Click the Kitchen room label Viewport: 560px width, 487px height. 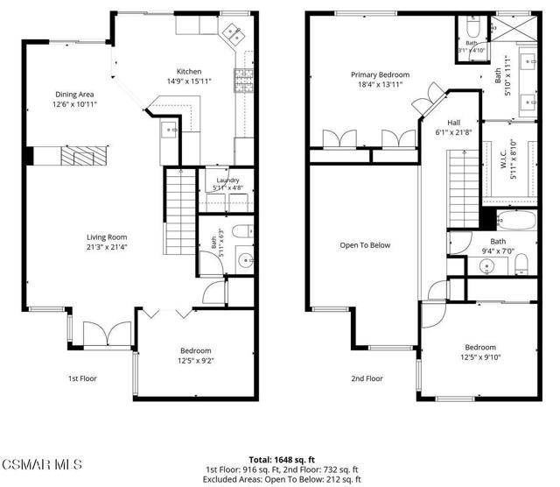pos(189,72)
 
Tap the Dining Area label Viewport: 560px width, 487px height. pos(74,95)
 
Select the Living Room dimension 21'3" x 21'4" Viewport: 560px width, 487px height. pos(107,247)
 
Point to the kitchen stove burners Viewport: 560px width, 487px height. pos(244,81)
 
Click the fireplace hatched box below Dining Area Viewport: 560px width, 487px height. pos(84,156)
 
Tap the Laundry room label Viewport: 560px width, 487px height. pos(227,180)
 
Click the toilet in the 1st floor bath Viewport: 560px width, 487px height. pos(242,231)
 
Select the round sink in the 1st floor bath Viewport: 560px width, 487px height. pos(246,259)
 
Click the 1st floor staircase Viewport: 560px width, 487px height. pos(180,211)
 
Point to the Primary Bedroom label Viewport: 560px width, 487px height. pos(380,74)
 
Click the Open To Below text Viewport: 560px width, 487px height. pos(365,245)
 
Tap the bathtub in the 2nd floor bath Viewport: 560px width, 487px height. pos(517,220)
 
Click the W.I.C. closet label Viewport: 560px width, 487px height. pos(504,159)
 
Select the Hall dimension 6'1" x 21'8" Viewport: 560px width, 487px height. pos(453,132)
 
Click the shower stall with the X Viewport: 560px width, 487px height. pos(514,29)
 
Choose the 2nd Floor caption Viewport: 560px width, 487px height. pos(367,378)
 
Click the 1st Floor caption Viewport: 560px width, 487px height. pos(82,378)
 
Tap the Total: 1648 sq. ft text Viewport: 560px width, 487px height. pos(282,460)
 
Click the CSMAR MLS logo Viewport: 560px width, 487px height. pos(42,464)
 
